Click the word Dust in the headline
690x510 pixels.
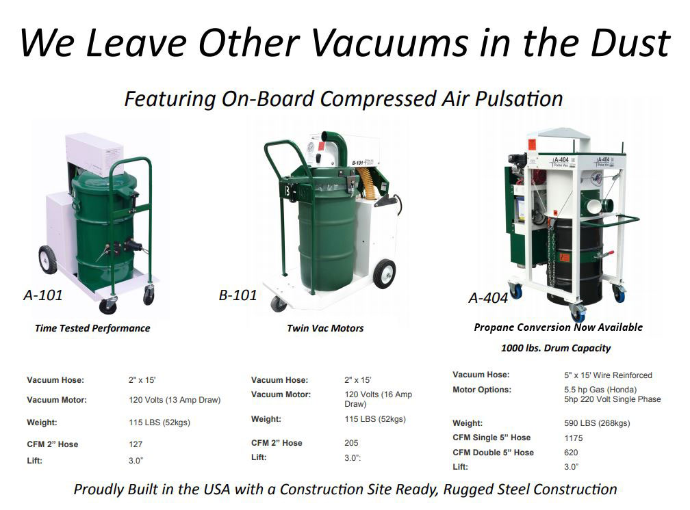(x=630, y=42)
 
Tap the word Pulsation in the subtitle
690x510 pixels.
(x=519, y=98)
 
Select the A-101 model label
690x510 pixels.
(x=42, y=295)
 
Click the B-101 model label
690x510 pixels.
(x=238, y=295)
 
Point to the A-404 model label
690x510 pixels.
(x=488, y=298)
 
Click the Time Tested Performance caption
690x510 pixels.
(x=92, y=328)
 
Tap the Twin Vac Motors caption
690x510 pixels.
(x=325, y=328)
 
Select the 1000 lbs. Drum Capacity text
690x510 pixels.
(x=556, y=348)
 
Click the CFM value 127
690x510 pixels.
(x=136, y=444)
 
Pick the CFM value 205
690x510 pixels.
(x=351, y=443)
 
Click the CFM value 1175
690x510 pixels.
(x=574, y=438)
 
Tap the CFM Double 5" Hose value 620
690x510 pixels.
(x=571, y=453)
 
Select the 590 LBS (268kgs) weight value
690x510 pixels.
(x=597, y=423)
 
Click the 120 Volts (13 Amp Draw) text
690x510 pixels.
(x=175, y=400)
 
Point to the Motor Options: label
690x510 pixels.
(x=482, y=390)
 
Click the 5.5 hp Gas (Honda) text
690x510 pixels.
(x=600, y=390)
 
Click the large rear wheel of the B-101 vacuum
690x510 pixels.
(x=384, y=273)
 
